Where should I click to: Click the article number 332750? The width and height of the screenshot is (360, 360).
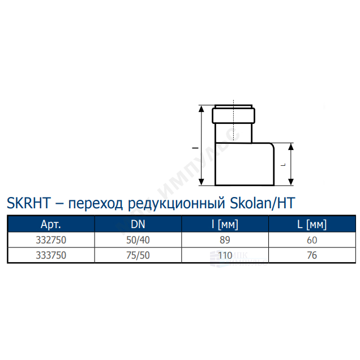tap(51, 240)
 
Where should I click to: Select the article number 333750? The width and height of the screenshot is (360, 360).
tap(51, 255)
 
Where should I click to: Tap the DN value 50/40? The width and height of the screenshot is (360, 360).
tap(138, 240)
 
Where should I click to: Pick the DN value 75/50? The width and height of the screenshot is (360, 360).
tap(138, 255)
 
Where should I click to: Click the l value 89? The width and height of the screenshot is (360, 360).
tap(225, 240)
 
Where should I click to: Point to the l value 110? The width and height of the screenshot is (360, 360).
tap(225, 255)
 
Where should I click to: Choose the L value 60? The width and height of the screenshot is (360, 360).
tap(312, 240)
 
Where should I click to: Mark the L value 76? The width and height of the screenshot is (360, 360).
tap(312, 255)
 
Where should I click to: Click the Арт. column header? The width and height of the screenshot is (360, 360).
tap(51, 224)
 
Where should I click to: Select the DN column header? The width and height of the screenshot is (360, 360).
tap(138, 224)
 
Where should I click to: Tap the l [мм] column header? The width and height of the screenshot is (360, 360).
tap(225, 224)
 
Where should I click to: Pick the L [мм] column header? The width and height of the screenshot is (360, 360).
tap(312, 224)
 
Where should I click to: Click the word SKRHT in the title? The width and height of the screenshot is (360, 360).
tap(29, 203)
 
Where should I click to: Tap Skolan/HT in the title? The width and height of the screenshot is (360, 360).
tap(263, 203)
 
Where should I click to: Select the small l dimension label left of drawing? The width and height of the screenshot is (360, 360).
tap(195, 148)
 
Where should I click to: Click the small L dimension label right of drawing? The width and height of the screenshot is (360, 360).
tap(284, 165)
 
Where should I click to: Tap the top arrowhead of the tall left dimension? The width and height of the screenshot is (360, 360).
tap(202, 109)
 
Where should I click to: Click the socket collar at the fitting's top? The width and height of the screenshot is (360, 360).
tap(233, 115)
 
